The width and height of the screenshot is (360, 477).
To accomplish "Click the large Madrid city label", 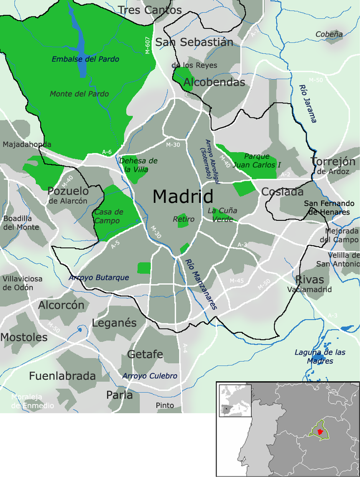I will tap(183, 197).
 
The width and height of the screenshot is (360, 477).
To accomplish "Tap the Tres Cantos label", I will tap(150, 10).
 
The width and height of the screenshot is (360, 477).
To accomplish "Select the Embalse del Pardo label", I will tap(85, 59).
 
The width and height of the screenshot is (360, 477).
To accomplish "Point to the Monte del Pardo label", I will tap(79, 94).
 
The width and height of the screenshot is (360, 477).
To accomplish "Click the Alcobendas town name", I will tap(214, 82).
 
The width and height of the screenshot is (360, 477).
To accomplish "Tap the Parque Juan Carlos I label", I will tap(257, 161).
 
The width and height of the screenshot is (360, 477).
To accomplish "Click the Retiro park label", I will tap(183, 219).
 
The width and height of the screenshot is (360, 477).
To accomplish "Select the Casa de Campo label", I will tap(109, 216).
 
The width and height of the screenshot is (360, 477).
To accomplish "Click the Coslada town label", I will tap(282, 192).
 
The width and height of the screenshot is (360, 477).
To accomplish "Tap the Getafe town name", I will tap(145, 354).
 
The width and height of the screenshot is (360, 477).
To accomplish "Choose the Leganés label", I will tap(114, 323).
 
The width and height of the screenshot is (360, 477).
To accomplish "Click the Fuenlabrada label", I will tap(62, 376).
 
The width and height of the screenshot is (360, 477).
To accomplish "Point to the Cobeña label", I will tap(329, 34).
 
